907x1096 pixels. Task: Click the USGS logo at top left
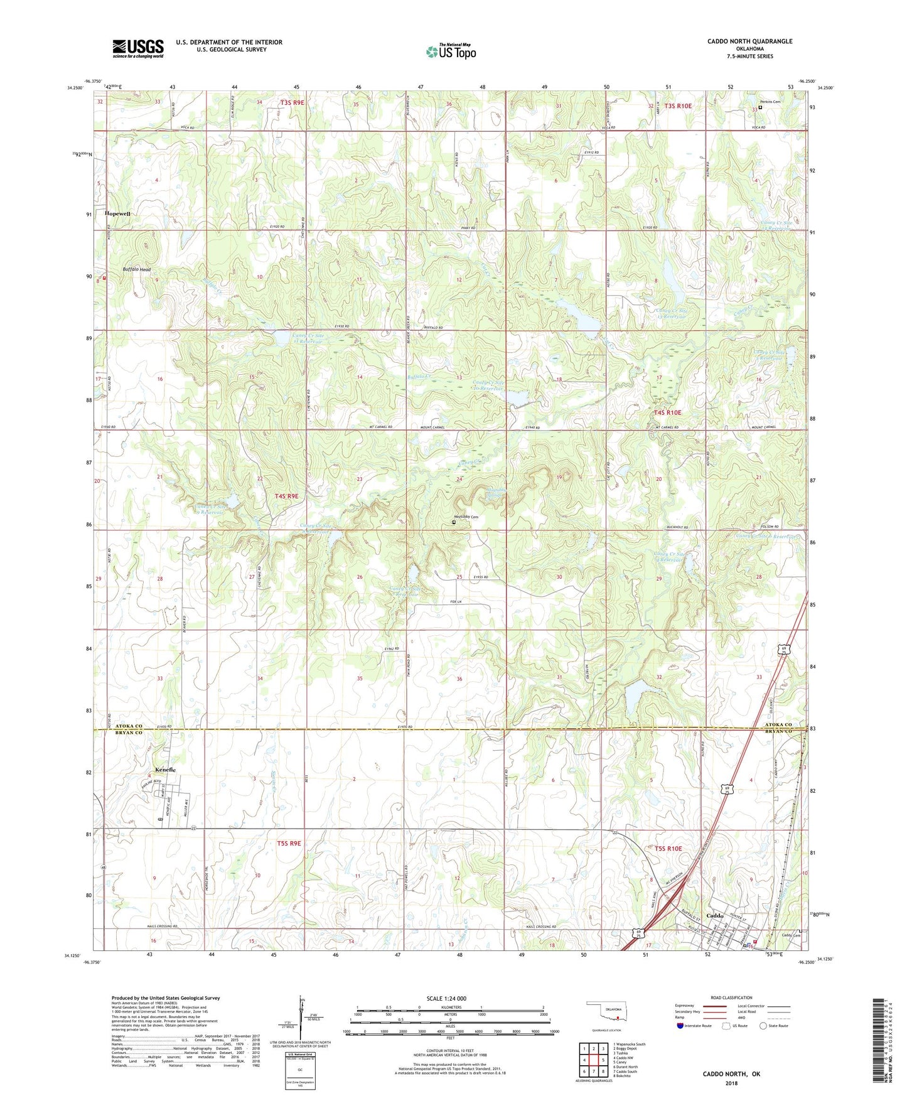[138, 48]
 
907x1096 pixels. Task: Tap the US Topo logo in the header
[451, 51]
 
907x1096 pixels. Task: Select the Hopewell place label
[118, 213]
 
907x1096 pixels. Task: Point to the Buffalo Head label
[137, 269]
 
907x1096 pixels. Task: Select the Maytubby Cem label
[466, 517]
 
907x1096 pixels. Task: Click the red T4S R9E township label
[286, 496]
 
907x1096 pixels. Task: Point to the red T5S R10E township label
[668, 848]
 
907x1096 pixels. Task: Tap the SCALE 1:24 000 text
[446, 998]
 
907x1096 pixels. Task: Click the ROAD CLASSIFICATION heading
[732, 997]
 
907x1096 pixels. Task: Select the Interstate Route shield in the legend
[680, 1026]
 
